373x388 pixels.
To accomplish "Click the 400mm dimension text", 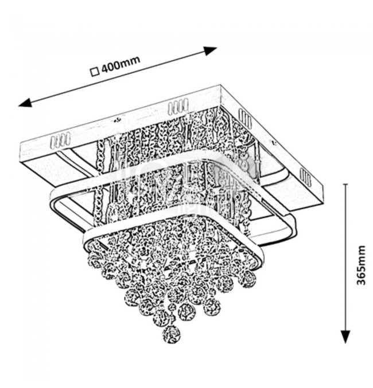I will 122,66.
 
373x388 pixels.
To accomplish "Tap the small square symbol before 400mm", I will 95,72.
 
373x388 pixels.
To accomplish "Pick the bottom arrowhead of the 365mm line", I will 345,338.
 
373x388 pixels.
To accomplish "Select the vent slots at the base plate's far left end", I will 59,139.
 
